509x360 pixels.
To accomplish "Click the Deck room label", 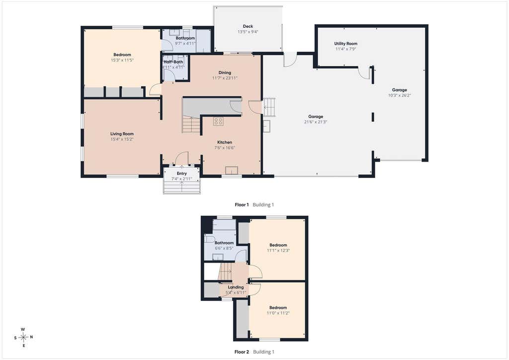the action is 248,26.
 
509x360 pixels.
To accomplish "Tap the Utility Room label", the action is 346,43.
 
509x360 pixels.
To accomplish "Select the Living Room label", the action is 122,134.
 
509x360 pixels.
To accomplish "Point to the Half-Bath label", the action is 173,62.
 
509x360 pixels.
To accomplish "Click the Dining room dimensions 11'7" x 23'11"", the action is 225,78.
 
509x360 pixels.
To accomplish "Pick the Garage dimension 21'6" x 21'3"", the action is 316,122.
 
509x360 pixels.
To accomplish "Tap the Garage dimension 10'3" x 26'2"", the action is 399,95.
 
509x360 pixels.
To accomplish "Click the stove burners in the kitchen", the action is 218,121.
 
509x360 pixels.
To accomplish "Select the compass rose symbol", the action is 23,338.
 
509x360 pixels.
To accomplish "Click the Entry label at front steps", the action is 182,174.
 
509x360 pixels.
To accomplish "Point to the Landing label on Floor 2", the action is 236,287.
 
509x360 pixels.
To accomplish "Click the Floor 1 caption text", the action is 242,205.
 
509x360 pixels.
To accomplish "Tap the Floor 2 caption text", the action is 242,352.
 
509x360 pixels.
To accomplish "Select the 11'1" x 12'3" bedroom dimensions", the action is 278,251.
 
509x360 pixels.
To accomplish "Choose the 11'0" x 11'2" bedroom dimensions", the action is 278,313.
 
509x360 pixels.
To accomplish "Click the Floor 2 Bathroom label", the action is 224,243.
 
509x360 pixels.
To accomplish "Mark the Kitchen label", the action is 225,142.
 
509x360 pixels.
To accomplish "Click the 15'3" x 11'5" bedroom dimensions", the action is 122,60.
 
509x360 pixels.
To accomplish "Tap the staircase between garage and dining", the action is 269,107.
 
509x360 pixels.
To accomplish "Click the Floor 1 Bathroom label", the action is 185,38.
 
